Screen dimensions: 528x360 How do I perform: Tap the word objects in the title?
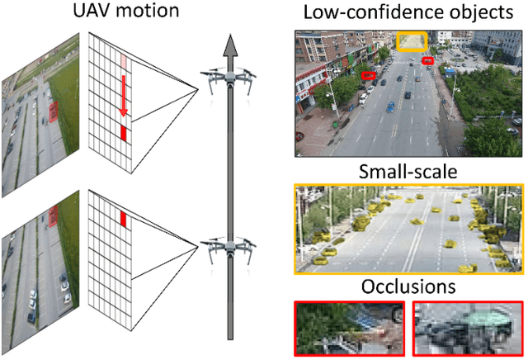click(x=465, y=13)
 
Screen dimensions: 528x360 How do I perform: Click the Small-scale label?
click(x=409, y=173)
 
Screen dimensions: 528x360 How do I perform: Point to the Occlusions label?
click(x=409, y=287)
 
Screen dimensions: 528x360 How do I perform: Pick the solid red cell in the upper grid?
click(x=124, y=131)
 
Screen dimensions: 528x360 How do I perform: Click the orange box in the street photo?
click(x=410, y=41)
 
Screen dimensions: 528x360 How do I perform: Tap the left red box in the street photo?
click(x=369, y=76)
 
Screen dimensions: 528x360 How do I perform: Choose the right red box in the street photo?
click(x=427, y=61)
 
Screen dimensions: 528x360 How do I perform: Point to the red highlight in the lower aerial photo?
click(x=54, y=216)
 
